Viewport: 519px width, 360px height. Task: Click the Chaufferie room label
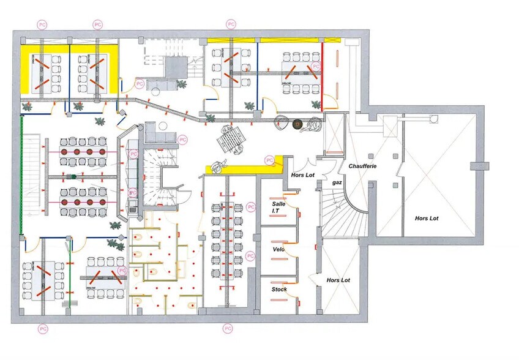point(362,166)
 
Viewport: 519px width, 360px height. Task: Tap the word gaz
point(337,182)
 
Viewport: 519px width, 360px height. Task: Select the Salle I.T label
point(278,208)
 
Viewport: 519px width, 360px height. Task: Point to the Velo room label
point(278,249)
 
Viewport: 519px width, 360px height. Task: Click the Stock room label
point(279,289)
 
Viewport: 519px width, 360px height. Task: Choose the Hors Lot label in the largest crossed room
point(427,218)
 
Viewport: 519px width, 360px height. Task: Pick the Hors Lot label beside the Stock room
point(338,280)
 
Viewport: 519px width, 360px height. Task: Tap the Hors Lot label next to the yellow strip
point(302,174)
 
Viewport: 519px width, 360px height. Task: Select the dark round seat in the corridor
point(299,124)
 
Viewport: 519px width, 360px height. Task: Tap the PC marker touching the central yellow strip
point(270,160)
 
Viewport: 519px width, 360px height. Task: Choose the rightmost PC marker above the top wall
point(231,24)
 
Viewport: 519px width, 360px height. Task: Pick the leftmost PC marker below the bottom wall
point(42,329)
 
